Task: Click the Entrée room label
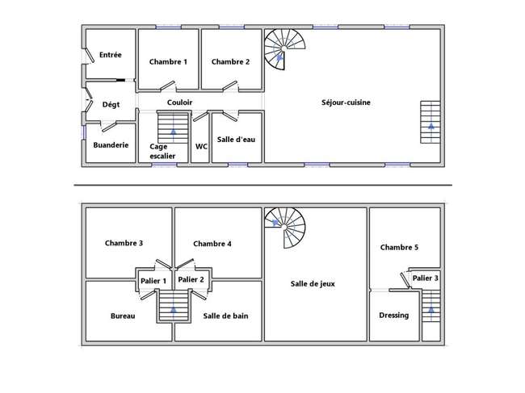[110, 55]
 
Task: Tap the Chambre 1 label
[168, 62]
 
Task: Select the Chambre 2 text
[230, 62]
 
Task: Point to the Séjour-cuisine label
[346, 102]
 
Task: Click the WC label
[201, 147]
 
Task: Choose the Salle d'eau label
[236, 140]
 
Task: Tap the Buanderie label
[111, 145]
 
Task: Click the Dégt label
[111, 105]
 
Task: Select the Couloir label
[179, 102]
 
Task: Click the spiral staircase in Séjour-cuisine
[284, 49]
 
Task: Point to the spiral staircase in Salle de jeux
[285, 228]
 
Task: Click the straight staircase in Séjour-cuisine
[430, 122]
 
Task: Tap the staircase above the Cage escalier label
[173, 128]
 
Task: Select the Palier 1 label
[153, 281]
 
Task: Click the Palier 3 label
[425, 278]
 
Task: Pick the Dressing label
[394, 316]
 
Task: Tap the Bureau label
[123, 316]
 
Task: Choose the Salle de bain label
[225, 316]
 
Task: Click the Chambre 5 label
[399, 248]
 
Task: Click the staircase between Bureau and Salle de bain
[174, 306]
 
